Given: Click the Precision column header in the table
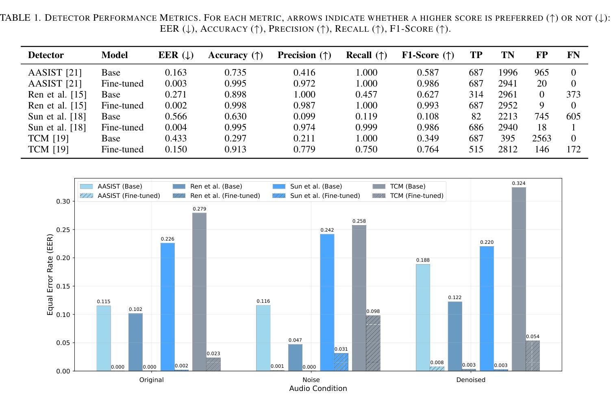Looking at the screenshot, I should [304, 55].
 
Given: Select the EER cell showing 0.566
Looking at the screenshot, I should [176, 117].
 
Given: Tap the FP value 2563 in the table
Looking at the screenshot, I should [541, 139].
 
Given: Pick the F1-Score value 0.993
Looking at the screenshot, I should [428, 106].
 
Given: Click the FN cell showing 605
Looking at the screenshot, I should [573, 117].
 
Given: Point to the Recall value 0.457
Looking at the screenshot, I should [366, 95].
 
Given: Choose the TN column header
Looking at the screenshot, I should [507, 55].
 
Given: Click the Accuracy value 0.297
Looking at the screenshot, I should [235, 139].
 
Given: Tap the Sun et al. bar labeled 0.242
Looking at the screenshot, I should [327, 302].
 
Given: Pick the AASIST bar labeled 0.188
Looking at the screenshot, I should [423, 317].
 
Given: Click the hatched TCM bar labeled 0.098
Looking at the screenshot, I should [373, 343].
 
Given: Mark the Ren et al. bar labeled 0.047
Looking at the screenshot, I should [295, 358].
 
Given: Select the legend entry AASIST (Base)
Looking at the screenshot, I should [120, 187].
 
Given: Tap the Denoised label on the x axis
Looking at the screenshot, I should [471, 380].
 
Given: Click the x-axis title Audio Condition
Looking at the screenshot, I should [318, 388].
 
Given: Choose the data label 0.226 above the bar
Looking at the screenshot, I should [167, 239].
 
